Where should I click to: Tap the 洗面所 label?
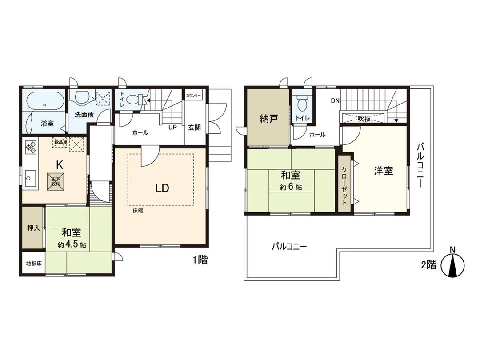(84, 114)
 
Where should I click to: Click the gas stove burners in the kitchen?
(31, 148)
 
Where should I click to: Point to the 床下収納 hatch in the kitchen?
(56, 181)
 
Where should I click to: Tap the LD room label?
(162, 188)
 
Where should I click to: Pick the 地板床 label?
(33, 263)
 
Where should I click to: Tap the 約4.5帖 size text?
(72, 245)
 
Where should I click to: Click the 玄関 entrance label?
(194, 128)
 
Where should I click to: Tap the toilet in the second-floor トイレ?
(302, 104)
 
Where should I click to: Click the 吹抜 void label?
(364, 119)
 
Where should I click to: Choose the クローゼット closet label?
(345, 183)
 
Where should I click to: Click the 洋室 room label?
(383, 171)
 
